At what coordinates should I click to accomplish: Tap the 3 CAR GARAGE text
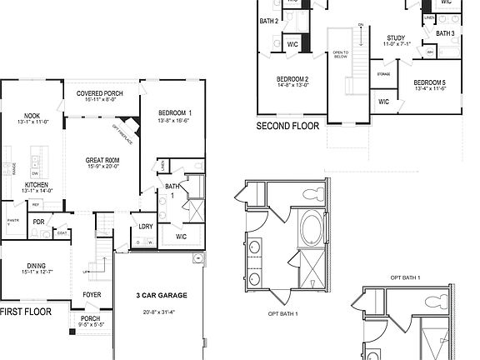point(161,295)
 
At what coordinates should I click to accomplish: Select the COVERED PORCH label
point(101,93)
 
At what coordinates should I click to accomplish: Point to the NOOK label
point(33,117)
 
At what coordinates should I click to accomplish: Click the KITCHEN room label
point(36,184)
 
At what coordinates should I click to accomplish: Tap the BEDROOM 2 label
point(292,79)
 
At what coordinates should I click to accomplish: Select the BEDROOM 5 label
point(428,82)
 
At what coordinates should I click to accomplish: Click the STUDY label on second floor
point(396,38)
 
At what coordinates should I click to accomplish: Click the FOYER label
point(91,294)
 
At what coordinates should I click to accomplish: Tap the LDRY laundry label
point(146,226)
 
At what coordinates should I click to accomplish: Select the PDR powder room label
point(38,222)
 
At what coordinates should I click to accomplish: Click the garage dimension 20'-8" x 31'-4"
point(161,312)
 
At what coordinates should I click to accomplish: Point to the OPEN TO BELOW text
point(340,55)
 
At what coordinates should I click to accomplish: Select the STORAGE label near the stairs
point(383,74)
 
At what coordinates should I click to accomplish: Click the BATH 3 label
point(445,33)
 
